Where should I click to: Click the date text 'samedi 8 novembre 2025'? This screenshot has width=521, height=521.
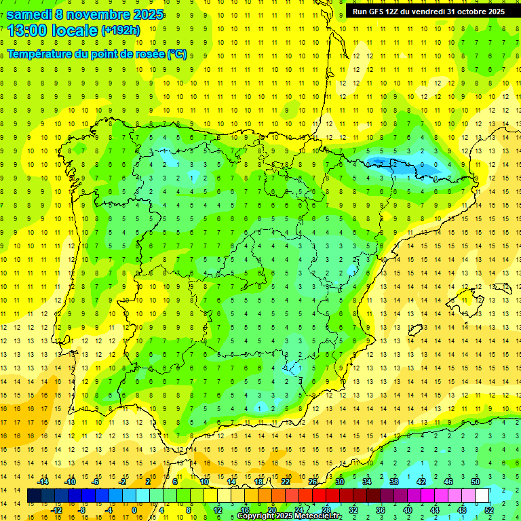click(x=85, y=14)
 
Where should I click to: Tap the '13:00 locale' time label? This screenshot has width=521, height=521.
click(x=52, y=30)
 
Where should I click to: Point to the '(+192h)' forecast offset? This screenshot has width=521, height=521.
click(x=121, y=30)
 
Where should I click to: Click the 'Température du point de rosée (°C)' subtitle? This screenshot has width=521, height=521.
click(x=97, y=54)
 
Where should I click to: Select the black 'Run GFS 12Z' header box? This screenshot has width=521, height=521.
click(x=429, y=12)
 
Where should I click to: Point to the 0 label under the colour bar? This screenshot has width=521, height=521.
click(x=134, y=510)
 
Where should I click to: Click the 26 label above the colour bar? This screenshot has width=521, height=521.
click(x=313, y=482)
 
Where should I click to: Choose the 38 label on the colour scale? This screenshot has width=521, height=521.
click(x=393, y=482)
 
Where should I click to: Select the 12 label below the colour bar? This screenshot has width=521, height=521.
click(x=218, y=510)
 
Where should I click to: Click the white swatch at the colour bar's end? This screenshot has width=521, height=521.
click(x=482, y=496)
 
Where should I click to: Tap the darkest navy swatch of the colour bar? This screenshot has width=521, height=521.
click(x=34, y=496)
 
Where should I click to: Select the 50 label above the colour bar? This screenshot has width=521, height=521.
click(x=475, y=482)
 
